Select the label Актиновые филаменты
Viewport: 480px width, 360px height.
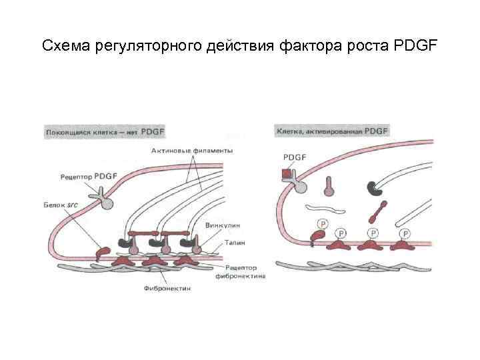(x=192, y=151)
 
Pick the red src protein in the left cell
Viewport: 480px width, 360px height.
(x=103, y=254)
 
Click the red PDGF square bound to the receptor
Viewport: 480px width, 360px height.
(x=287, y=175)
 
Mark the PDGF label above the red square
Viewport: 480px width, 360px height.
(x=294, y=158)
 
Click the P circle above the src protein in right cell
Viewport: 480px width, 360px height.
(x=323, y=224)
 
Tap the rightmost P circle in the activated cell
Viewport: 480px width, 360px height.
(x=406, y=233)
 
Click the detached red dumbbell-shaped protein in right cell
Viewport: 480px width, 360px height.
(x=377, y=211)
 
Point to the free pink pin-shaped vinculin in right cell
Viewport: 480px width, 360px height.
(x=329, y=185)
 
